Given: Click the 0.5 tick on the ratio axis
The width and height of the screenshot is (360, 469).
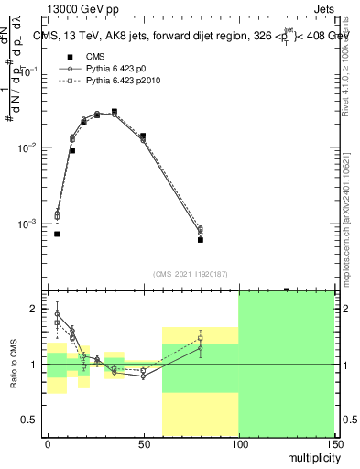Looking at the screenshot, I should click(34, 420).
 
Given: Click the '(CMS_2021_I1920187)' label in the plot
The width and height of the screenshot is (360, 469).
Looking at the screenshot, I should click(191, 273).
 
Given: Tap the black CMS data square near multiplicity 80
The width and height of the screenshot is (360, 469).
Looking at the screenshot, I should click(200, 240).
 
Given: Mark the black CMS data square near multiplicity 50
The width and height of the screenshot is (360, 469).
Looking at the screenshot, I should click(143, 136).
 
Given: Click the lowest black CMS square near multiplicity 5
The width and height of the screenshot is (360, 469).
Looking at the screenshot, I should click(57, 234).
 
